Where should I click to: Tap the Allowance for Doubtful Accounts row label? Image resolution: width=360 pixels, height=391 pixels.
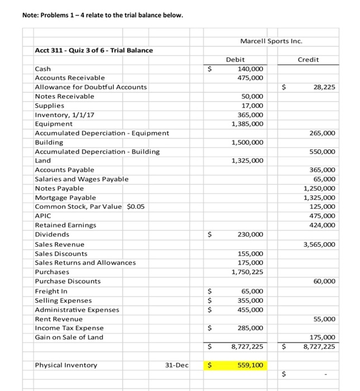91,87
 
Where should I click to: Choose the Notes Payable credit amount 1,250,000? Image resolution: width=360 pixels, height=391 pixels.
319,188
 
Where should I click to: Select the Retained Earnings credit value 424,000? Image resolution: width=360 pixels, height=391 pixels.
321,225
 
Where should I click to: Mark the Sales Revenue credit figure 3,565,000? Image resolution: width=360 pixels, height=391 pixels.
319,244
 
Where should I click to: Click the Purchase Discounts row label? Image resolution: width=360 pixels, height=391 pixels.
68,281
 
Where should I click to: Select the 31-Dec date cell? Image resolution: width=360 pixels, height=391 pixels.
177,365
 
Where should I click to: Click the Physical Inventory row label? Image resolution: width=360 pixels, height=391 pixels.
65,365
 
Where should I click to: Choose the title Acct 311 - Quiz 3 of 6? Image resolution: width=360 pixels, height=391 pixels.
94,50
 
